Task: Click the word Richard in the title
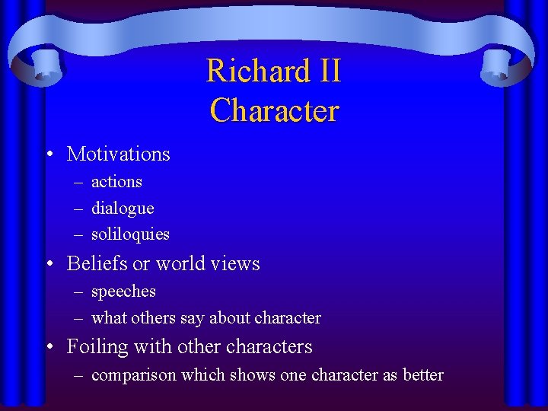coord(250,72)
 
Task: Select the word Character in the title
coord(274,111)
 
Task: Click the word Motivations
coord(119,154)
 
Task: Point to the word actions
coord(116,182)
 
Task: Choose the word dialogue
coord(123,209)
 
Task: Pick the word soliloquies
coord(130,234)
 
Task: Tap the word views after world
coord(237,264)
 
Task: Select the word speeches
coord(123,292)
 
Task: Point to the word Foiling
coord(97,347)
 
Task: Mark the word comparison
coord(131,375)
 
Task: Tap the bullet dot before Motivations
coord(49,155)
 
